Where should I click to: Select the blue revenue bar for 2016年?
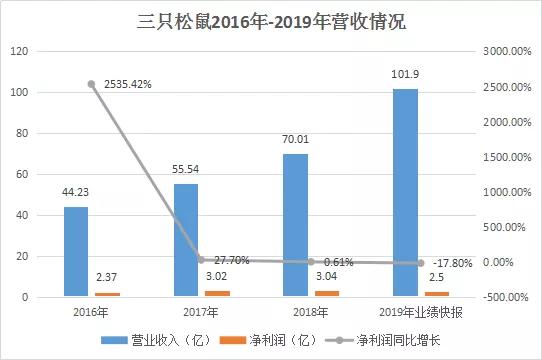pyautogui.click(x=76, y=252)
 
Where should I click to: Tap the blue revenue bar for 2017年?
pyautogui.click(x=186, y=240)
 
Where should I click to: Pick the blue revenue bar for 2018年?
pyautogui.click(x=296, y=225)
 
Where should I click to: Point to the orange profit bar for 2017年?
pyautogui.click(x=216, y=294)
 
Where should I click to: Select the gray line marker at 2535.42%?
pyautogui.click(x=91, y=84)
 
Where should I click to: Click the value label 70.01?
pyautogui.click(x=296, y=143)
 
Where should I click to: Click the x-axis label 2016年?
pyautogui.click(x=91, y=311)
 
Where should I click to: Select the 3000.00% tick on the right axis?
pyautogui.click(x=506, y=51)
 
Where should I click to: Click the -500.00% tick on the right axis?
pyautogui.click(x=505, y=297)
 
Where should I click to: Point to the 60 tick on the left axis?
pyautogui.click(x=22, y=174)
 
